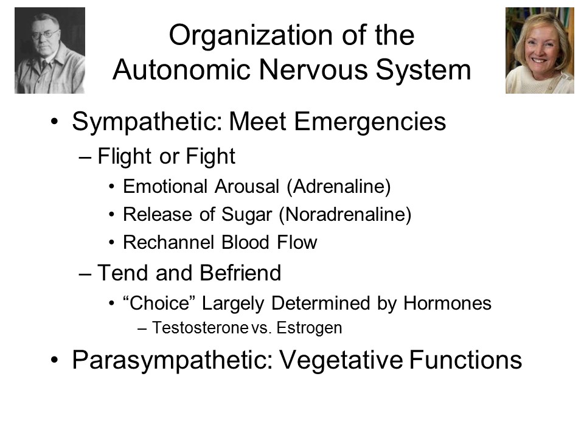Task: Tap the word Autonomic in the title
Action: click(x=182, y=69)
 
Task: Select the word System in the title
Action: click(x=423, y=71)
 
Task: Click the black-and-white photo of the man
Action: click(x=50, y=50)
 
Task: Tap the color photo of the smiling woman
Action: click(x=540, y=50)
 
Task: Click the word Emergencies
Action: click(x=370, y=122)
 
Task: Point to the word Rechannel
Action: click(x=169, y=243)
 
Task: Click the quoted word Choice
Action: click(x=159, y=303)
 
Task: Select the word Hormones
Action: click(x=447, y=303)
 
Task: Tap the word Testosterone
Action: click(x=200, y=328)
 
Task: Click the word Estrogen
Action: click(x=309, y=328)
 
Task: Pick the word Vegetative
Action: click(x=341, y=361)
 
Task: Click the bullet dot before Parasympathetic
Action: click(x=55, y=360)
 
